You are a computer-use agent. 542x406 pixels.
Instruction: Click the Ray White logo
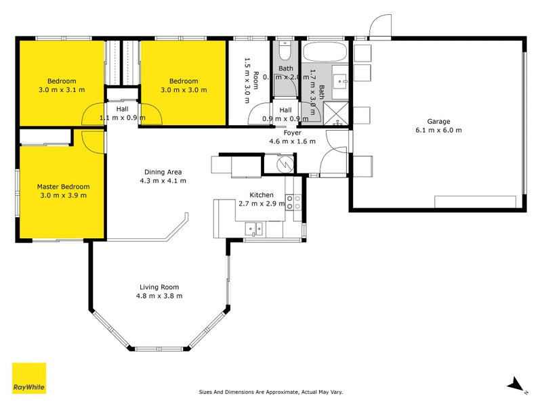click(29, 378)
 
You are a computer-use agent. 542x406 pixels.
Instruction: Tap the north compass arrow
click(517, 384)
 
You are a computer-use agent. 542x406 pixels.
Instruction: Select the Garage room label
click(438, 121)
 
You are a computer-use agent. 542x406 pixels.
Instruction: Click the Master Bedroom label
click(62, 187)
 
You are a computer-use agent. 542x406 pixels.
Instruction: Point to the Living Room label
click(161, 287)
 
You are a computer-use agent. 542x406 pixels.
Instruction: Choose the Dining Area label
click(163, 172)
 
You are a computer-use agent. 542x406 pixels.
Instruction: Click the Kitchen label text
click(261, 194)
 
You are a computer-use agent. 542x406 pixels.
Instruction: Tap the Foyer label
click(293, 133)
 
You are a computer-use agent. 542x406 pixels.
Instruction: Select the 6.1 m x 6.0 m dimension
click(438, 130)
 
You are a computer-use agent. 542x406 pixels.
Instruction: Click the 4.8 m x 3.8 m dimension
click(161, 296)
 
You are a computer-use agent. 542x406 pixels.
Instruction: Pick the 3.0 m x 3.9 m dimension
click(62, 196)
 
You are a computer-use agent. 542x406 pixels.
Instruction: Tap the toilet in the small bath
click(285, 51)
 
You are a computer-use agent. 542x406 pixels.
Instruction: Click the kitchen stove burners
click(293, 202)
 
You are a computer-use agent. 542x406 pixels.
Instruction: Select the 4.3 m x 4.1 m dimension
click(163, 181)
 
